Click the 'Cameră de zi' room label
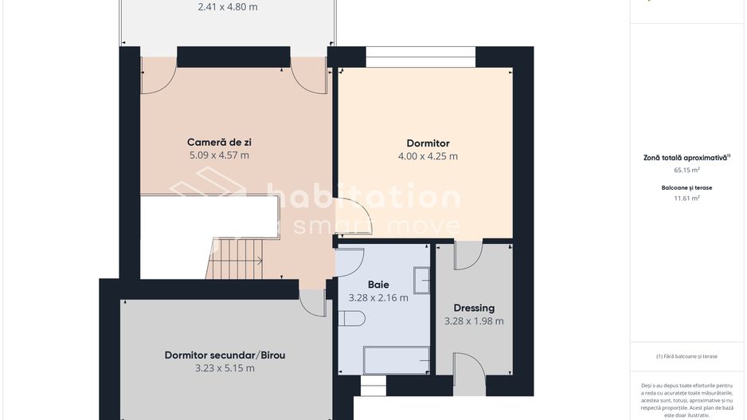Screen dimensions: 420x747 click(x=219, y=143)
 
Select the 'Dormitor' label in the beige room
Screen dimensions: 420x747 click(x=428, y=143)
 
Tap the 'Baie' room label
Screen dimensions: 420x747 click(x=378, y=285)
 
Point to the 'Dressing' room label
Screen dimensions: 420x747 click(x=474, y=308)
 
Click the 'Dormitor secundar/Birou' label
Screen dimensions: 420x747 click(x=225, y=355)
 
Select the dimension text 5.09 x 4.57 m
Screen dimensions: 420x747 click(x=219, y=155)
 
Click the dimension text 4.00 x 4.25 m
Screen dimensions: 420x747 click(x=428, y=156)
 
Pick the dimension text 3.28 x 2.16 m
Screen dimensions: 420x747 click(x=378, y=298)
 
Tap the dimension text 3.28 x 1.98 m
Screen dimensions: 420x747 click(x=474, y=321)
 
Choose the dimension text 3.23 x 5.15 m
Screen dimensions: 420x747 click(x=225, y=368)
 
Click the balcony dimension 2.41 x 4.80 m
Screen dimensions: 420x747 click(x=228, y=7)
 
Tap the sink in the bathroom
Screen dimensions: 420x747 click(x=421, y=281)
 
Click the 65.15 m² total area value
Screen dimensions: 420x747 click(x=686, y=170)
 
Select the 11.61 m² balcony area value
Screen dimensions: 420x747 click(x=686, y=198)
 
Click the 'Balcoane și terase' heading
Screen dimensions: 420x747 click(x=686, y=188)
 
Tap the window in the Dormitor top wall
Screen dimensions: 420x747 click(x=420, y=57)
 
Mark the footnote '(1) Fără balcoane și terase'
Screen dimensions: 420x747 click(x=686, y=356)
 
